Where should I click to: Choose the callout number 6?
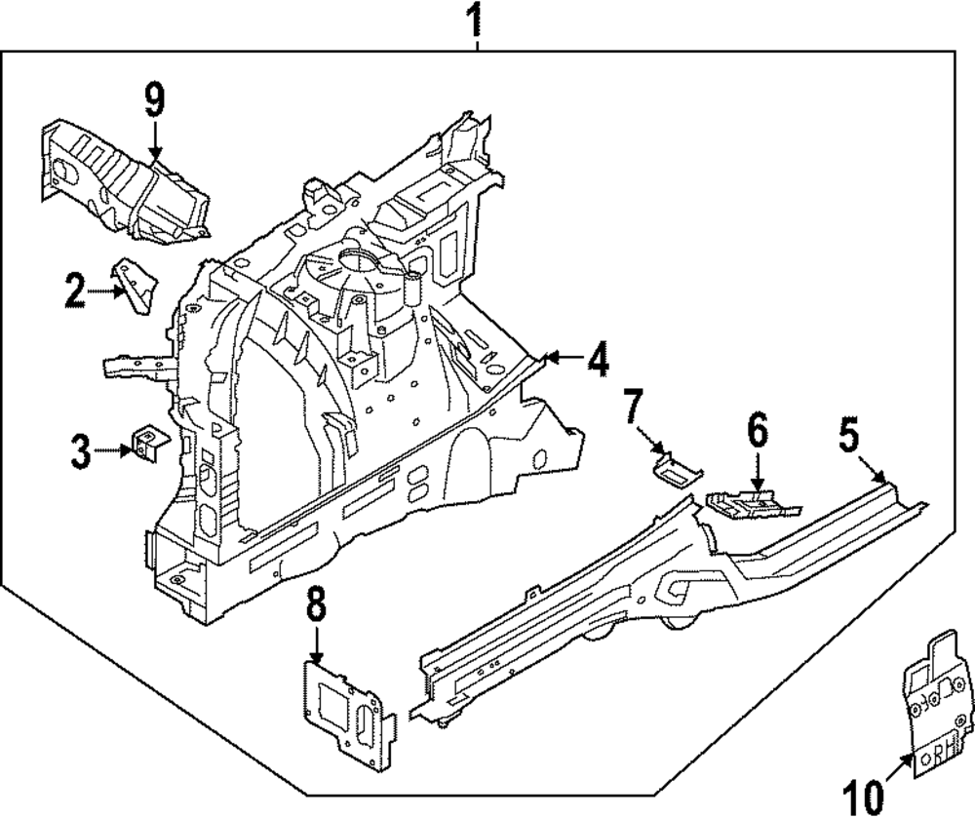[x=758, y=429]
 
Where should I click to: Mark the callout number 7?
[x=634, y=405]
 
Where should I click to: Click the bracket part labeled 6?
[x=749, y=504]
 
